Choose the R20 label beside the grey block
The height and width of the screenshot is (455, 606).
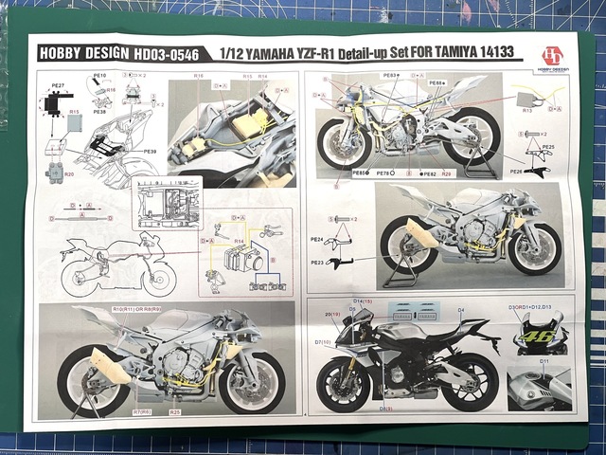[x=69, y=174]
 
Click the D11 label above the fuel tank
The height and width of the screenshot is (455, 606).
[x=544, y=362]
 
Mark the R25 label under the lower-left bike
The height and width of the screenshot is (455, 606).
[x=175, y=412]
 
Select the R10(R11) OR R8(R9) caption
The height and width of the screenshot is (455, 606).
[x=137, y=310]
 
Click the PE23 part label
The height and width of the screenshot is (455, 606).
[x=316, y=263]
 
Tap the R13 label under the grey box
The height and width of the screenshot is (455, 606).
[x=526, y=111]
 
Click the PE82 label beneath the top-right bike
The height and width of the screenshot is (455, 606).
[x=428, y=174]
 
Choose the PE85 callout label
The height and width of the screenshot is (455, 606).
[x=359, y=174]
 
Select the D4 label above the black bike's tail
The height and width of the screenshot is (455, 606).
[x=459, y=310]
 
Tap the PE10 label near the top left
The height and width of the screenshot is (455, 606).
[x=100, y=75]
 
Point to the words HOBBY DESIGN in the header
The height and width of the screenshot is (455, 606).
[x=76, y=54]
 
